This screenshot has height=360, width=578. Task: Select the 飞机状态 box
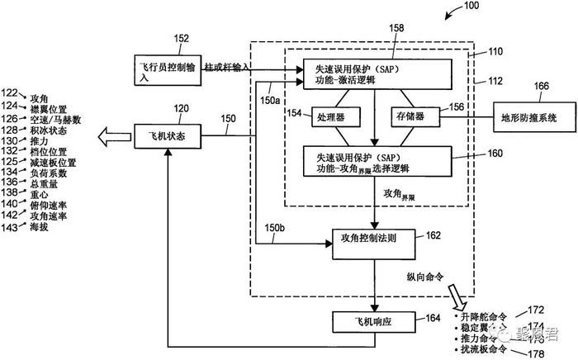[167, 131]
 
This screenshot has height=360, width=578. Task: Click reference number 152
[182, 38]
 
